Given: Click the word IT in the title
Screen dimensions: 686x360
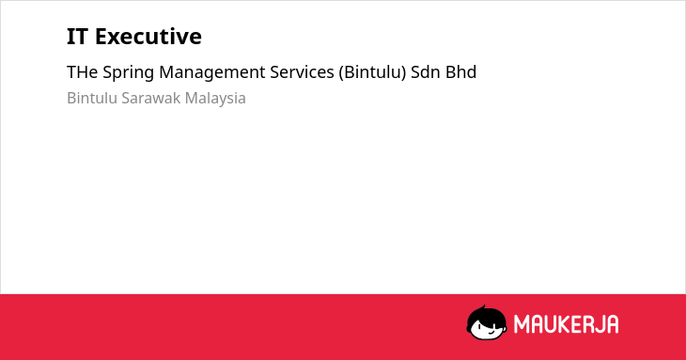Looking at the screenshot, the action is (77, 37).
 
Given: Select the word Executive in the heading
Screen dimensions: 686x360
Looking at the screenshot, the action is (148, 37).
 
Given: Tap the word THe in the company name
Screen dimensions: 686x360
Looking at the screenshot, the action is (83, 72).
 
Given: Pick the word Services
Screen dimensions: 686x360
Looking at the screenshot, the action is (302, 72).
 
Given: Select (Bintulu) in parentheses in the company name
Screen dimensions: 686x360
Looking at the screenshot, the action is (372, 72).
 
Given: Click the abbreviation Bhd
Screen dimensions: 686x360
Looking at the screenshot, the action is (460, 72).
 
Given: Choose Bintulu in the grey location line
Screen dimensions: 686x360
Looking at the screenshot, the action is (92, 98).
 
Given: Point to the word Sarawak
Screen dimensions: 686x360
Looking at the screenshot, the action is (151, 98).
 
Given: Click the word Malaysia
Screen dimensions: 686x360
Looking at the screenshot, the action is (215, 99).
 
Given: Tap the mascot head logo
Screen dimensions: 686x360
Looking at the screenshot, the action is (487, 322).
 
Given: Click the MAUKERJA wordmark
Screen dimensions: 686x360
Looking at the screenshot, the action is (566, 324).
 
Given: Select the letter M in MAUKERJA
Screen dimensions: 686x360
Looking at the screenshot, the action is (522, 324).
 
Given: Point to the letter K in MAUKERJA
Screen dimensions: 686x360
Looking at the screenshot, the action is (561, 324).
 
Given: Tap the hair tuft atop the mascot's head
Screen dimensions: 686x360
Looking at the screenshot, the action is (483, 308).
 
